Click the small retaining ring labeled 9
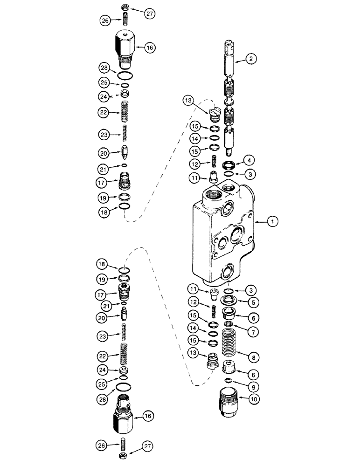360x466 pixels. point(228,381)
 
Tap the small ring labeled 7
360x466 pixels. point(228,323)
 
